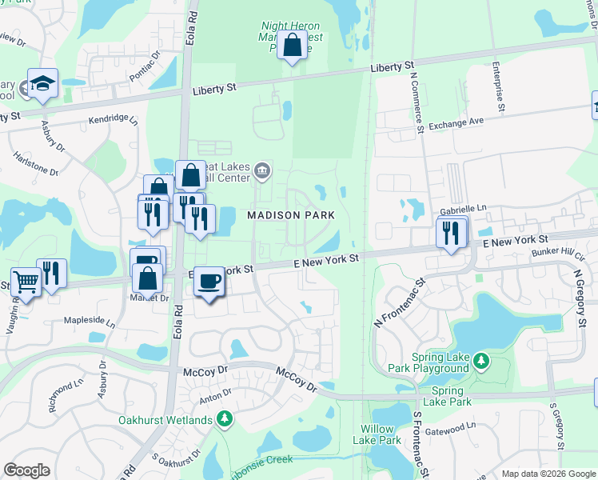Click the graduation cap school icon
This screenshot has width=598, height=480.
(x=42, y=83)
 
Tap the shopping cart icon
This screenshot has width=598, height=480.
(x=25, y=282)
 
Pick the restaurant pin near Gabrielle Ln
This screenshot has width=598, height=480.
(x=451, y=234)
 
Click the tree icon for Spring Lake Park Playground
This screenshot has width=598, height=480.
(x=480, y=362)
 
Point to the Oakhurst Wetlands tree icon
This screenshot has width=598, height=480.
(x=225, y=419)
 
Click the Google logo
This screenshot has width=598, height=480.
(x=26, y=470)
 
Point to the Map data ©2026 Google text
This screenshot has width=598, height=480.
(x=548, y=474)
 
